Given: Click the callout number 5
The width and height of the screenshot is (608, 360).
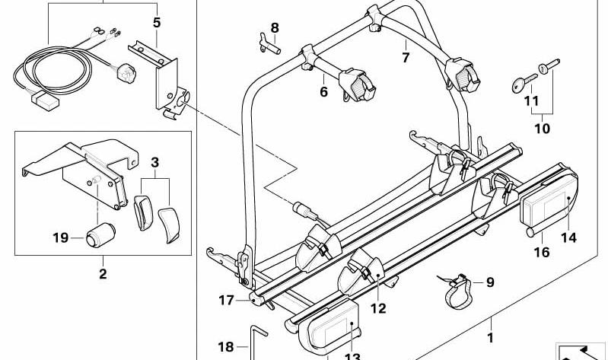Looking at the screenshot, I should pos(156,23).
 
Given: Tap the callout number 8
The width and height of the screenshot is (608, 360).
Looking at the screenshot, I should pos(275,28).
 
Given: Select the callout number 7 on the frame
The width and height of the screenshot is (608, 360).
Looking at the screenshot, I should pos(406,57).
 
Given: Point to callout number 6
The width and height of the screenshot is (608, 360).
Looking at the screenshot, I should pos(323,91).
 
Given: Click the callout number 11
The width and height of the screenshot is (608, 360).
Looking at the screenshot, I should pos(531,100).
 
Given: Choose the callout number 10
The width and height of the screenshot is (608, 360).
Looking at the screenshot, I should pos(542,129).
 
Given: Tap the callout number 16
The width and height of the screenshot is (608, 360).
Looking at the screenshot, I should pos(541,253).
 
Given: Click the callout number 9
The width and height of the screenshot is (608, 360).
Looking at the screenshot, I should pos(489,282).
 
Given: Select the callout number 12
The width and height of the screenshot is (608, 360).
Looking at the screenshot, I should pos(378,308).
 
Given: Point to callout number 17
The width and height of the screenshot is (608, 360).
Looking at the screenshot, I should pos(226,301).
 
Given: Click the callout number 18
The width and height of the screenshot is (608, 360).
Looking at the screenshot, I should pos(226,347).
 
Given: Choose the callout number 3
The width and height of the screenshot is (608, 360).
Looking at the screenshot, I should pos(154,162).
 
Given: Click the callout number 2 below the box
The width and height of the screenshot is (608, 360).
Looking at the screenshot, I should pos(103,273).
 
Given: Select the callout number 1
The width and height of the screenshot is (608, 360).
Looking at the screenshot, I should pos(491,336).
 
